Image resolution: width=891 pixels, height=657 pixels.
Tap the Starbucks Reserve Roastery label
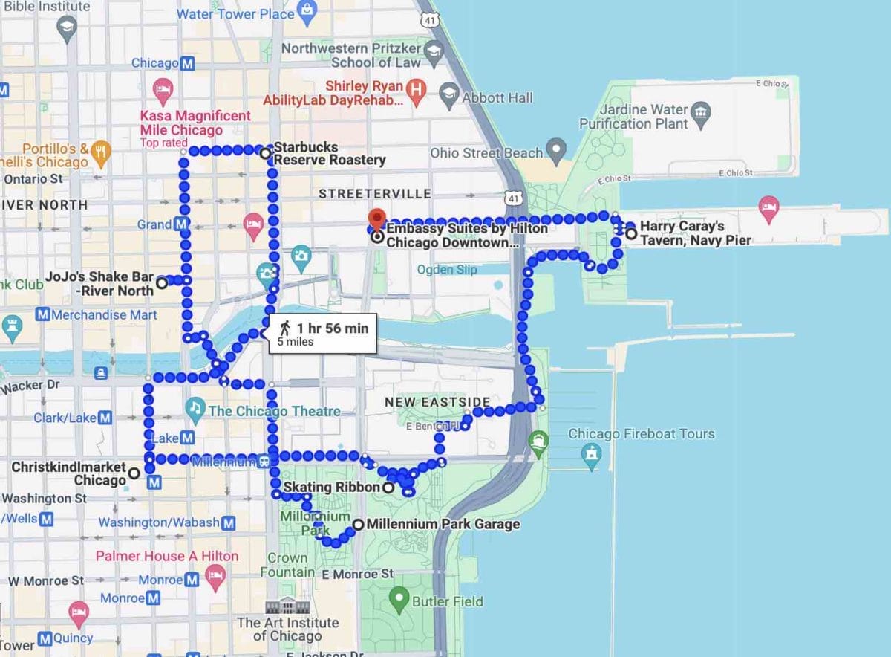pyautogui.click(x=330, y=153)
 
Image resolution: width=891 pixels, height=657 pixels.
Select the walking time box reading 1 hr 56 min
pyautogui.click(x=322, y=334)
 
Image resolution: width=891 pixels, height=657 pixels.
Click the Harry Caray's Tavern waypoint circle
pyautogui.click(x=631, y=234)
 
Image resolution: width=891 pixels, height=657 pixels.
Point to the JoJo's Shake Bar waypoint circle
pyautogui.click(x=161, y=282)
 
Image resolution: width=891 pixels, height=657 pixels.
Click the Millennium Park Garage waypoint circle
pyautogui.click(x=359, y=524)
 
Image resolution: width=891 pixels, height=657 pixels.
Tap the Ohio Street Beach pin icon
pyautogui.click(x=556, y=152)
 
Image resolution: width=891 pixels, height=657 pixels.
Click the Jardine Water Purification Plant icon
pyautogui.click(x=700, y=112)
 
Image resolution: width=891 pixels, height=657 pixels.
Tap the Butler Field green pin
pyautogui.click(x=400, y=598)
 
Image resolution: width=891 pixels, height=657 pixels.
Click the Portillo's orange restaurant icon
pyautogui.click(x=101, y=152)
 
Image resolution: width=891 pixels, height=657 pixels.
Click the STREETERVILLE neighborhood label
pyautogui.click(x=374, y=194)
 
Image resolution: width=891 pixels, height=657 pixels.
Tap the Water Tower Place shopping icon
pyautogui.click(x=306, y=12)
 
